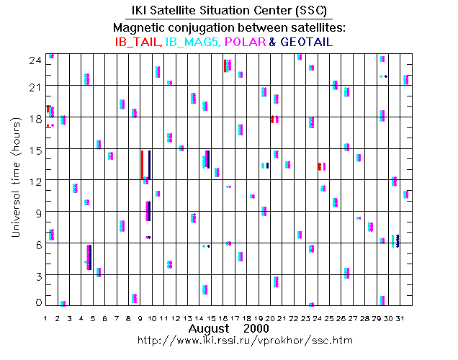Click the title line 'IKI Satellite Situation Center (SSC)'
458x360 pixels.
pyautogui.click(x=228, y=10)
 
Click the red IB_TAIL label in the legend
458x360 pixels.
pyautogui.click(x=139, y=42)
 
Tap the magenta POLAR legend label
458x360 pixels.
pyautogui.click(x=244, y=42)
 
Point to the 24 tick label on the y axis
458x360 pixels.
pyautogui.click(x=34, y=62)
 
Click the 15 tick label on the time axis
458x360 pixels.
pyautogui.click(x=34, y=150)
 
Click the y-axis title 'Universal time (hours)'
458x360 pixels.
pyautogui.click(x=14, y=182)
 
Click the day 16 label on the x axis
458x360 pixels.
pyautogui.click(x=225, y=318)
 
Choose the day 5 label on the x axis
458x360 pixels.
pyautogui.click(x=93, y=318)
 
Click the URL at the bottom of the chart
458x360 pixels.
pyautogui.click(x=228, y=339)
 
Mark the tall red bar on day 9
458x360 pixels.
pyautogui.click(x=142, y=165)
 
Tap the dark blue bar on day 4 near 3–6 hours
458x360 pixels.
pyautogui.click(x=91, y=257)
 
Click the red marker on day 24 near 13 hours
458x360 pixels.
pyautogui.click(x=319, y=166)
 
